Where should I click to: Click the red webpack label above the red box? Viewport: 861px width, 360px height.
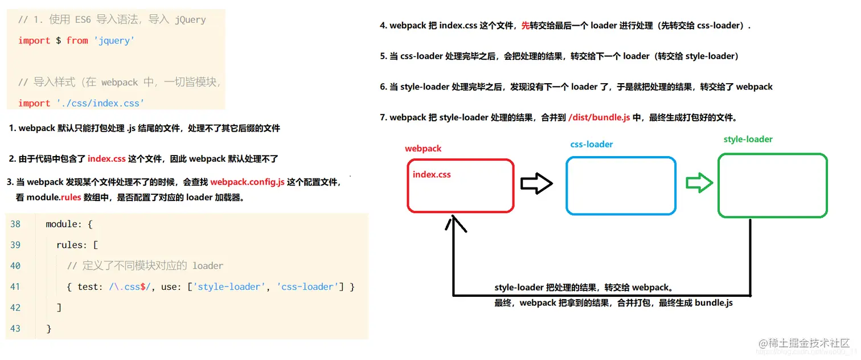(x=423, y=149)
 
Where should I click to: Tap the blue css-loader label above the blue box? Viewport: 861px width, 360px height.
(x=592, y=145)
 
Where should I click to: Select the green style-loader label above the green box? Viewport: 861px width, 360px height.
(x=748, y=140)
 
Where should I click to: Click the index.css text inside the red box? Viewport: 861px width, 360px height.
(x=432, y=174)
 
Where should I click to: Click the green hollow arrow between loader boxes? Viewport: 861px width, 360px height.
(x=699, y=183)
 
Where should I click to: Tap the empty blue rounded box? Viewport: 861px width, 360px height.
(x=621, y=186)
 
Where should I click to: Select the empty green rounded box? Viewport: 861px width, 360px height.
(x=772, y=186)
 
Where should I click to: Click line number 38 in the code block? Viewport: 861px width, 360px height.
(x=15, y=224)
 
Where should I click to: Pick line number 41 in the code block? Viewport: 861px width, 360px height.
(x=15, y=287)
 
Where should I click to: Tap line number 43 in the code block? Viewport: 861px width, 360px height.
(x=15, y=329)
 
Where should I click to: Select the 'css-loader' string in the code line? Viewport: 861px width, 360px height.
(x=307, y=287)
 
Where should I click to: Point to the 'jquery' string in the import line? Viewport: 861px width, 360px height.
(x=114, y=40)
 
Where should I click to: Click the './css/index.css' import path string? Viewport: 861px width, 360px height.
(x=100, y=103)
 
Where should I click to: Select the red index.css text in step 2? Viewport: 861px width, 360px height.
(x=106, y=159)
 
